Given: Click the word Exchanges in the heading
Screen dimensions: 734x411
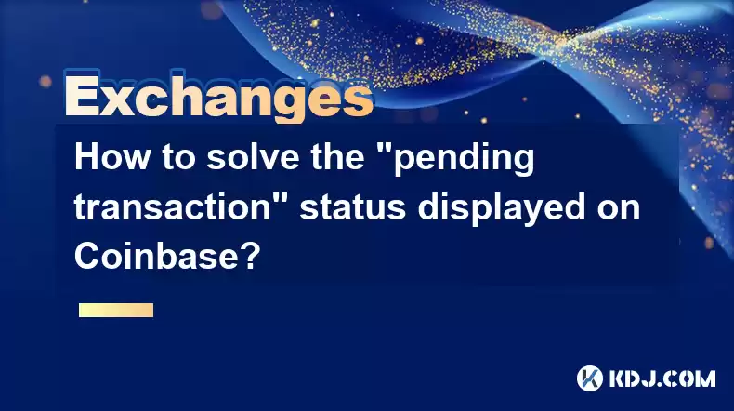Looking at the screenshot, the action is (219, 96).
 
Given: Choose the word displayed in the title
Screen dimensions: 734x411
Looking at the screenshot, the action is (502, 208).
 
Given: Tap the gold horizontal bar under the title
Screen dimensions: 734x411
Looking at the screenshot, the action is (116, 310).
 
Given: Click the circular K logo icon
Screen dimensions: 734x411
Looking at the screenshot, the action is (590, 378).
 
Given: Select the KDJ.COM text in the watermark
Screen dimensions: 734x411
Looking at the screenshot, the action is (662, 378).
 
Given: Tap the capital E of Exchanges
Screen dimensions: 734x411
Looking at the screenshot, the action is (83, 96).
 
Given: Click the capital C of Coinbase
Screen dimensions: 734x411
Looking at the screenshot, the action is (86, 257).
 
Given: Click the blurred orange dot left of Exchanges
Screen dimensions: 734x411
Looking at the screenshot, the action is (46, 82).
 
